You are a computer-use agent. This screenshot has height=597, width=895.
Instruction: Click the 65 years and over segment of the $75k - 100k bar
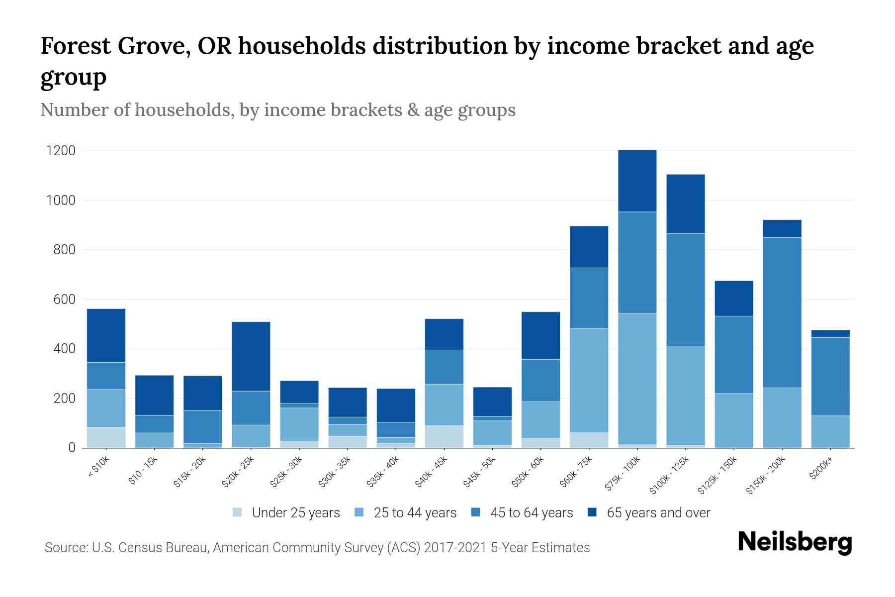(x=637, y=181)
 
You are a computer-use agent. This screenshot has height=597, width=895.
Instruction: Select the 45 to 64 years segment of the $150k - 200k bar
(x=782, y=312)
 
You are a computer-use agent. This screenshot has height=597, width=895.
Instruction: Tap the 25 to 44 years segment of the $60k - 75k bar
(x=589, y=381)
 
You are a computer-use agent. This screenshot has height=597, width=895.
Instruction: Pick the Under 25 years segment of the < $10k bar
(x=106, y=437)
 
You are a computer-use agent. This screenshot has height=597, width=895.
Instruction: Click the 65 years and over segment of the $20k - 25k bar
(x=251, y=356)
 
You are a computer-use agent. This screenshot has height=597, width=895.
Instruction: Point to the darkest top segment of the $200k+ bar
(x=830, y=334)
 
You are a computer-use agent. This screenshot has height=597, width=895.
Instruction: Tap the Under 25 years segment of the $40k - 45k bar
(x=444, y=436)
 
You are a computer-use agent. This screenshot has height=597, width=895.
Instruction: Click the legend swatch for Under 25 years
(x=238, y=512)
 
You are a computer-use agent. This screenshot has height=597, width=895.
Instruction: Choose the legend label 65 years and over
(x=658, y=512)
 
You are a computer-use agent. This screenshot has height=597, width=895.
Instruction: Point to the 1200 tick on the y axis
(x=61, y=151)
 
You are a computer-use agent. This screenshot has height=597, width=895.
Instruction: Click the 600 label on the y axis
(x=64, y=299)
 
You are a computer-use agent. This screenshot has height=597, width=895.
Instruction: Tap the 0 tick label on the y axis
(x=72, y=448)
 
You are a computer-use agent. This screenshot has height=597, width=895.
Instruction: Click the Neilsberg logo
(x=794, y=542)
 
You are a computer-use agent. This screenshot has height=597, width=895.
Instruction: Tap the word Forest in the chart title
(x=76, y=46)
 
